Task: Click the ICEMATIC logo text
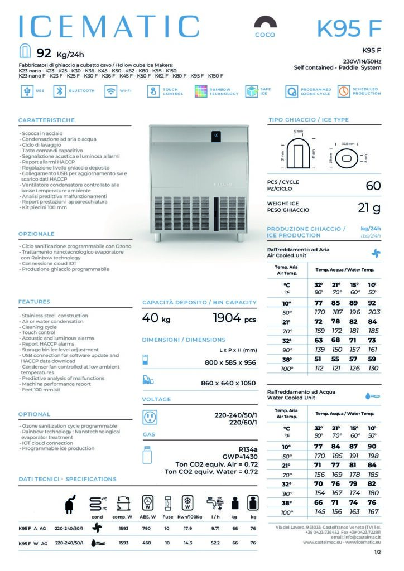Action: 109,27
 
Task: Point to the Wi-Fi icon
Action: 110,91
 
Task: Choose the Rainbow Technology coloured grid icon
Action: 201,91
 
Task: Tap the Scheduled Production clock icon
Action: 343,91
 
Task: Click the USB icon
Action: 26,91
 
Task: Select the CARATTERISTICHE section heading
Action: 46,120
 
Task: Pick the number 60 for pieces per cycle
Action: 373,185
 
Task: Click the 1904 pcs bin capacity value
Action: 234,318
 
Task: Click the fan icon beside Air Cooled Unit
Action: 376,252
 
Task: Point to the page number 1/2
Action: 377,553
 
